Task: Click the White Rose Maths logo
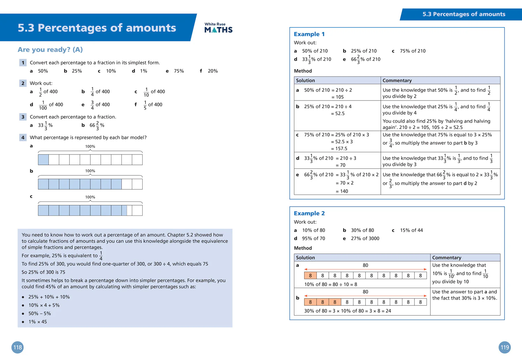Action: coord(218,28)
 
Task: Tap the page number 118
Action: coord(17,347)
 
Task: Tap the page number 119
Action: coord(505,347)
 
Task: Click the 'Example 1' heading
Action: coord(309,34)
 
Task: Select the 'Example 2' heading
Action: coord(309,213)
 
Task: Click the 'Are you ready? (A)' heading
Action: coord(50,50)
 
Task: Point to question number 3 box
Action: coord(23,117)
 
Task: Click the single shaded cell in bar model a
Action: coord(43,160)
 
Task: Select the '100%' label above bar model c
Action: coord(90,197)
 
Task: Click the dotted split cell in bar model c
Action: coord(127,210)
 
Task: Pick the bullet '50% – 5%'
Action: coord(39,313)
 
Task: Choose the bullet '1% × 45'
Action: coord(38,322)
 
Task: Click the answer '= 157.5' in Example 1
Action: coord(339,149)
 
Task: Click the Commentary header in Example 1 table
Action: coord(397,80)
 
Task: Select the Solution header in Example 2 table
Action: coord(305,258)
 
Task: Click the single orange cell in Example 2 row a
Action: coord(310,275)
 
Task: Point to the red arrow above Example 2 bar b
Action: coord(365,296)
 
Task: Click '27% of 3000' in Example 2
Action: coord(365,238)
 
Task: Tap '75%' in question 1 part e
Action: coord(179,71)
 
